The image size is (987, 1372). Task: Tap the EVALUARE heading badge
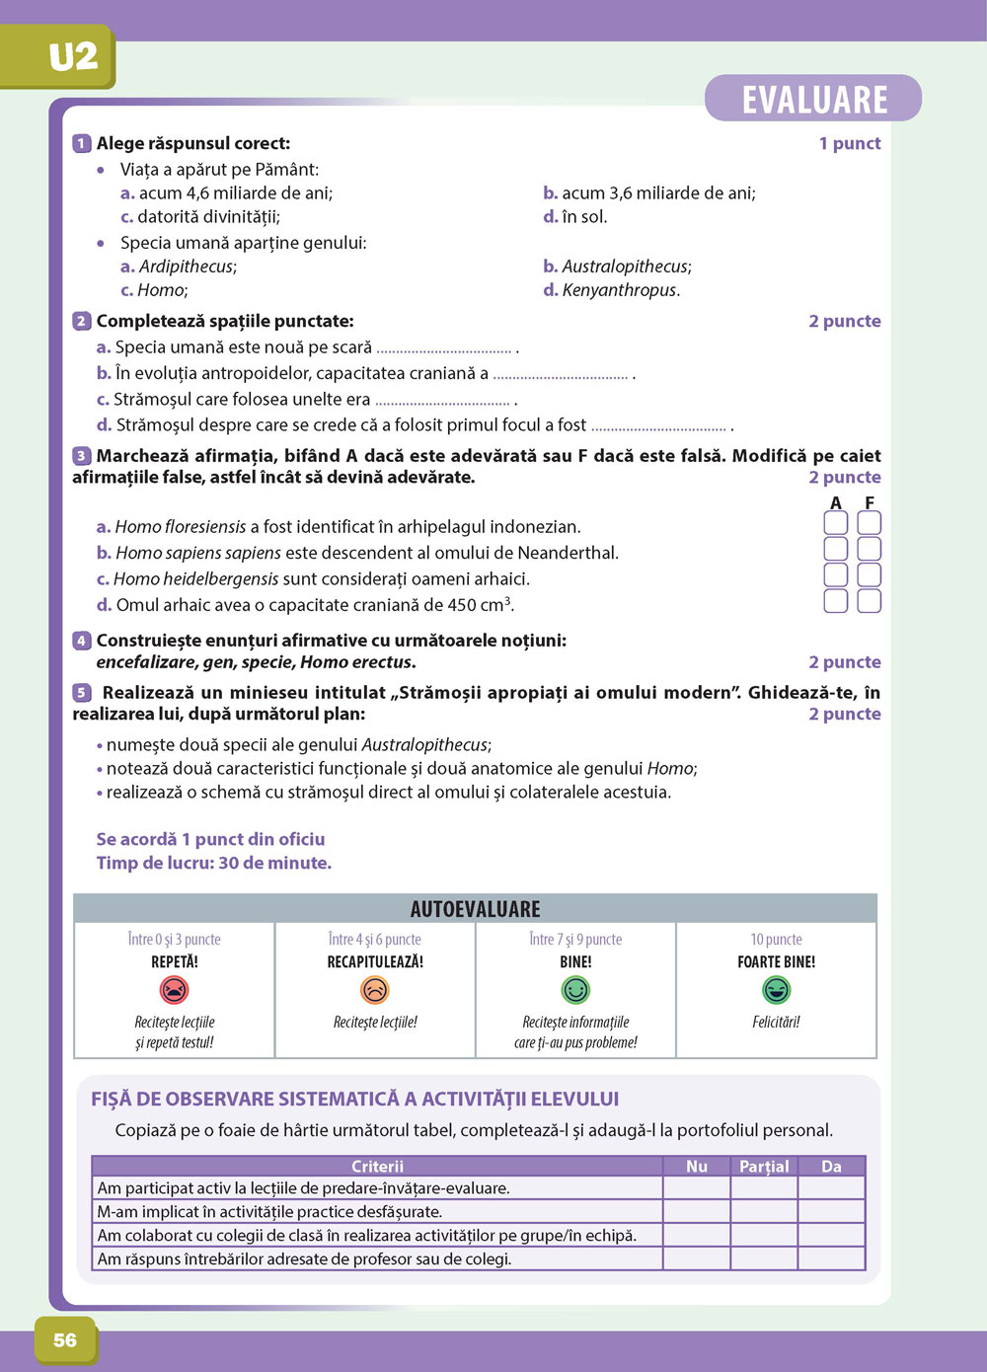813,100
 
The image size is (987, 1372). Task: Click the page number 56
65,1339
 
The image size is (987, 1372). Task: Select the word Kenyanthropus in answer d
620,290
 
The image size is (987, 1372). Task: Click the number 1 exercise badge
82,144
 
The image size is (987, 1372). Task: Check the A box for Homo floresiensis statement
835,523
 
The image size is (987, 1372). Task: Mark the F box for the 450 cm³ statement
869,600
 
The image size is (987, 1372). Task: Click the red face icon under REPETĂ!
175,989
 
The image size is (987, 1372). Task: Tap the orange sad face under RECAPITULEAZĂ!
375,989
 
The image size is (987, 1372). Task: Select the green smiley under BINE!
575,989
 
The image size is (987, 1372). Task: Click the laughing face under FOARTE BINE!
777,989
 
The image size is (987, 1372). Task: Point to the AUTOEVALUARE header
475,909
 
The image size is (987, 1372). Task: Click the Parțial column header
764,1167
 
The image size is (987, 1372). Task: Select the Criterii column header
377,1167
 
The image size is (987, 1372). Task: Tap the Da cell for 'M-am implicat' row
831,1212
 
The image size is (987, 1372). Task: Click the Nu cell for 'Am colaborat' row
697,1235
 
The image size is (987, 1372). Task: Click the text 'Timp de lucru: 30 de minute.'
214,863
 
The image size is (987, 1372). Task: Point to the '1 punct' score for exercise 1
849,144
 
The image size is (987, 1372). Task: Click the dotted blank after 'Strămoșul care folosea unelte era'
442,402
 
